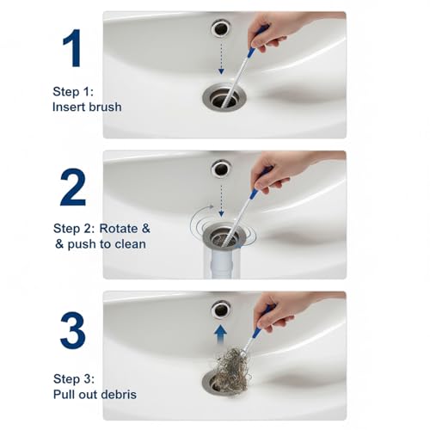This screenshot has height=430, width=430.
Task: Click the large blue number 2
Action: [73, 187]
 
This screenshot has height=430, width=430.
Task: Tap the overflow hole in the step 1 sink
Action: [220, 29]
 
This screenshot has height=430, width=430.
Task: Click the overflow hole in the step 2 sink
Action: [221, 169]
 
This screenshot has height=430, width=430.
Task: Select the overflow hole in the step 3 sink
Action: [221, 308]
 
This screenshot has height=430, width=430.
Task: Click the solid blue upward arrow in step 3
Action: [221, 330]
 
